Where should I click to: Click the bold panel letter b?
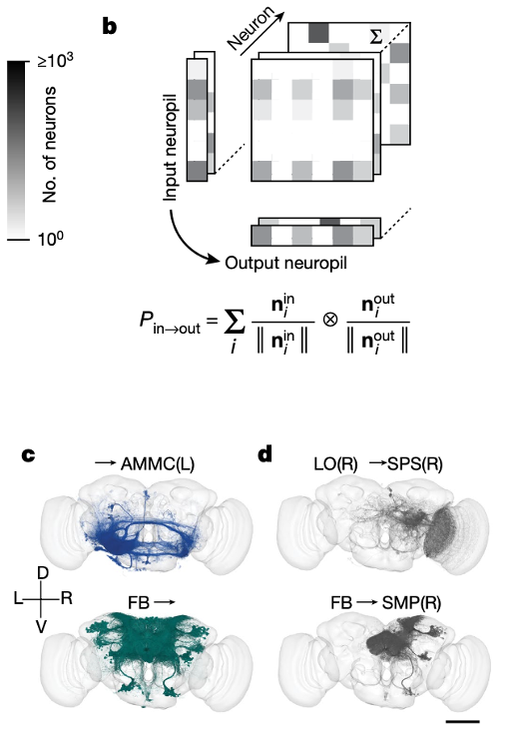(109, 26)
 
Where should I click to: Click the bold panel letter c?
(28, 455)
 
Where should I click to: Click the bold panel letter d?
(265, 453)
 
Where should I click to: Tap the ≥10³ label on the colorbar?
(55, 60)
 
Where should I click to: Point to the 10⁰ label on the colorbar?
(50, 239)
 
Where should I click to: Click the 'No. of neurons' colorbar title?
(49, 144)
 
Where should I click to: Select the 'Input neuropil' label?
(170, 147)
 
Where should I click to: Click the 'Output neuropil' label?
(285, 263)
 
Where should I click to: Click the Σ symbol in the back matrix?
(375, 36)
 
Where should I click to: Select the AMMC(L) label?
(158, 464)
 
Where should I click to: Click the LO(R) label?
(335, 464)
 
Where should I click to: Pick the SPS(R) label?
(415, 464)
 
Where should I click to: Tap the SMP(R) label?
(411, 603)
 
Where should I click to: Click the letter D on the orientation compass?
(42, 572)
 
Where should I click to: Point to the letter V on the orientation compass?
(42, 627)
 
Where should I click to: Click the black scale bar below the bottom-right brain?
(462, 722)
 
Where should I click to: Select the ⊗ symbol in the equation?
(330, 320)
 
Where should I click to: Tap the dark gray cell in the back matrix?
(318, 33)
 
